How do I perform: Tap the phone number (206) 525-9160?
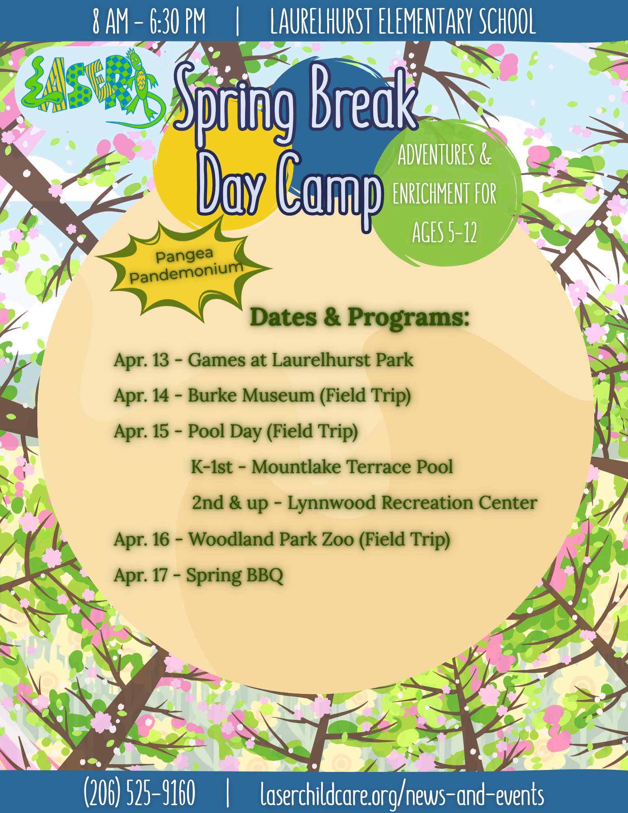click(139, 793)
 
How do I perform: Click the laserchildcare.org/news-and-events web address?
click(402, 793)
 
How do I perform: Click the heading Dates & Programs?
click(360, 317)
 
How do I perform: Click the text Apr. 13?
click(141, 360)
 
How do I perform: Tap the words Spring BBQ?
click(235, 575)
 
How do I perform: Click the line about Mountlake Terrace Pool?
click(322, 467)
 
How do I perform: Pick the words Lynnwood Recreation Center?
click(412, 503)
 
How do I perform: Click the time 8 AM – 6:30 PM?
click(149, 21)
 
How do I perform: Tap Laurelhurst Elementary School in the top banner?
click(403, 21)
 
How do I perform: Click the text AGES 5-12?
click(445, 233)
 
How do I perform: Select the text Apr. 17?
click(141, 575)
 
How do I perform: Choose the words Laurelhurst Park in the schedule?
click(342, 360)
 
